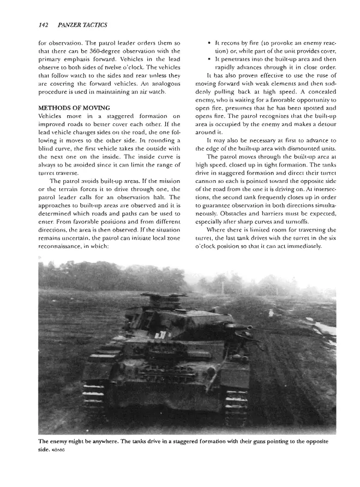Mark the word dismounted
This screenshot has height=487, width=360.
298,149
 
